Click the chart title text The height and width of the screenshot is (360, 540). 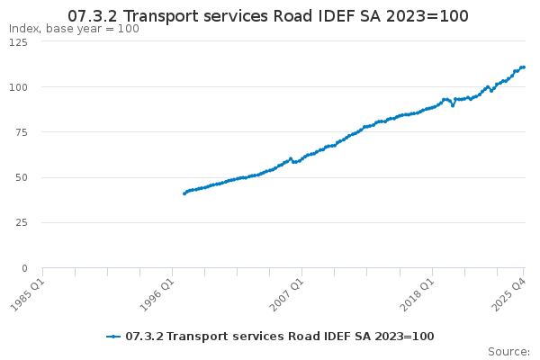269,16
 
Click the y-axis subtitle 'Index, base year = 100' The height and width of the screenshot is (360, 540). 74,29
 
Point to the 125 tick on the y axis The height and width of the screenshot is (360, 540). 18,41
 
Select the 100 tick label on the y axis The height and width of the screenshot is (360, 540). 18,87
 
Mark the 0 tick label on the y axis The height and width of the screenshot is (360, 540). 25,267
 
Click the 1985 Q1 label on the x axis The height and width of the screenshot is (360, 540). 26,293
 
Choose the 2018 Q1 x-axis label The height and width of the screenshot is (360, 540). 416,293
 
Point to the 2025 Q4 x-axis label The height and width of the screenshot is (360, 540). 508,293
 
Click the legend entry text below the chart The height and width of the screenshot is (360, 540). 279,336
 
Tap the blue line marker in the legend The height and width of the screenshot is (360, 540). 113,336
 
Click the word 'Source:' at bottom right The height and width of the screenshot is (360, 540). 508,351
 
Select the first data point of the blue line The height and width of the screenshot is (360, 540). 184,193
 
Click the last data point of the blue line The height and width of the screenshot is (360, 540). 524,67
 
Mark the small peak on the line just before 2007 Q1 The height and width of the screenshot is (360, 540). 291,158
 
